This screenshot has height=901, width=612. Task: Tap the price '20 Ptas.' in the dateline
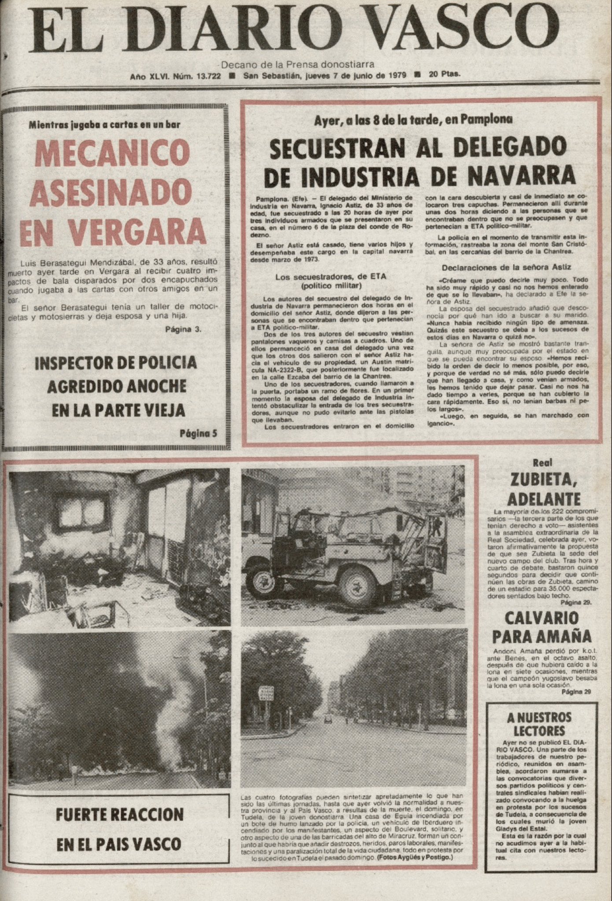pos(445,75)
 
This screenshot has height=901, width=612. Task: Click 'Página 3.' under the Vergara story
pos(184,330)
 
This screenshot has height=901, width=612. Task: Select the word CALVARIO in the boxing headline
pos(541,618)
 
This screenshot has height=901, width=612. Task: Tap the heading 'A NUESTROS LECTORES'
pos(539,724)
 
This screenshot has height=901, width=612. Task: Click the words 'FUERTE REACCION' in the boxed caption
pos(119,814)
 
